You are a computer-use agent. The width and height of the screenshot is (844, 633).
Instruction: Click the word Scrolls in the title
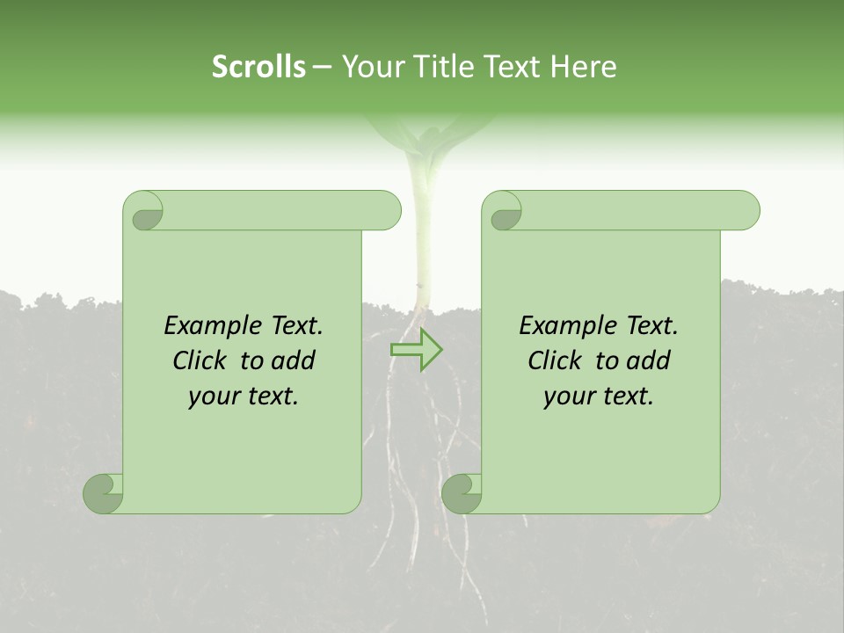pyautogui.click(x=258, y=67)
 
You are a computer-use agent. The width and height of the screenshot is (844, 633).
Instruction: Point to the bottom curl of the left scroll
pyautogui.click(x=103, y=493)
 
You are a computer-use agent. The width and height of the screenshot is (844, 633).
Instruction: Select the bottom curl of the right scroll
pyautogui.click(x=462, y=493)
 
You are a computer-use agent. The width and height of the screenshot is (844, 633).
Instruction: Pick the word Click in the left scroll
pyautogui.click(x=200, y=361)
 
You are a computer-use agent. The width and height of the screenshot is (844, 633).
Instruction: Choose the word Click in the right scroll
pyautogui.click(x=555, y=361)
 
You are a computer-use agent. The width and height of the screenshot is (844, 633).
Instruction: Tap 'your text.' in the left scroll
pyautogui.click(x=244, y=397)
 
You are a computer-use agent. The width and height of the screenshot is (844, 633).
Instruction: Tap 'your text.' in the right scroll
pyautogui.click(x=599, y=397)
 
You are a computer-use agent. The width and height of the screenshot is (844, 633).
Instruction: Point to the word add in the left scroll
pyautogui.click(x=294, y=361)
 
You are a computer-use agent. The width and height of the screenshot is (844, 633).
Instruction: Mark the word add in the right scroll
pyautogui.click(x=649, y=361)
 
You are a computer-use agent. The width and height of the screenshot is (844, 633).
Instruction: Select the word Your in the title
pyautogui.click(x=370, y=67)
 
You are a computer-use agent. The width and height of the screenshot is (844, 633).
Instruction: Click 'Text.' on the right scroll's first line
pyautogui.click(x=651, y=326)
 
